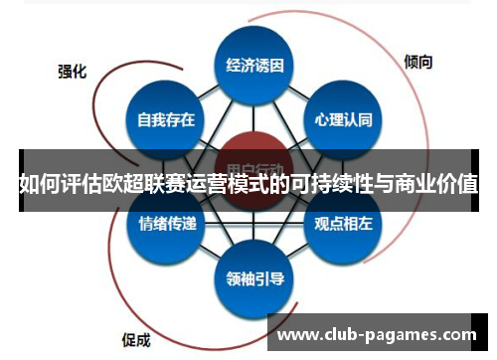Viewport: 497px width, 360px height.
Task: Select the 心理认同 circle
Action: pyautogui.click(x=343, y=120)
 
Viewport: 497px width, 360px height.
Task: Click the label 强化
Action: pyautogui.click(x=72, y=72)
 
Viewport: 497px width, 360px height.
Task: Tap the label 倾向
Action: pyautogui.click(x=418, y=62)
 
